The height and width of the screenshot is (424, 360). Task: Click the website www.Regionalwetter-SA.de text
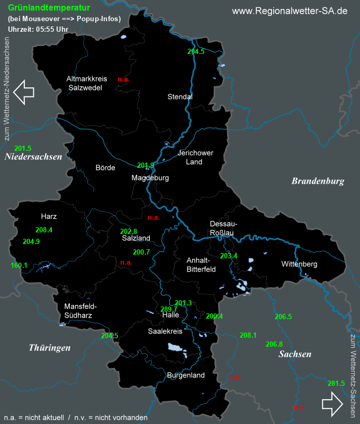click(290, 11)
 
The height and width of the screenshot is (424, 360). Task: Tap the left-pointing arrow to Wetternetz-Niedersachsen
click(24, 92)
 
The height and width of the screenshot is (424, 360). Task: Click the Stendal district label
click(180, 97)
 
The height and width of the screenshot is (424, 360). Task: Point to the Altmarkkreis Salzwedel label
click(86, 83)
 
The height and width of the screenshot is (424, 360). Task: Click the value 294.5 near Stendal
click(196, 51)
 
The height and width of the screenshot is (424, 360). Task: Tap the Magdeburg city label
click(150, 178)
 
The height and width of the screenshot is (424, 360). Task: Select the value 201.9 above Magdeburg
click(146, 165)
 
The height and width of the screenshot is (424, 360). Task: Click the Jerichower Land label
click(195, 157)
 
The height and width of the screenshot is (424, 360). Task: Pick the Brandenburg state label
click(318, 181)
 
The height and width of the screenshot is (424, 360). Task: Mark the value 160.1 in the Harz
click(19, 265)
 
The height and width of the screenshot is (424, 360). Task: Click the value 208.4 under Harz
click(44, 230)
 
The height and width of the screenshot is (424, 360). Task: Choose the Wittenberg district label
click(299, 264)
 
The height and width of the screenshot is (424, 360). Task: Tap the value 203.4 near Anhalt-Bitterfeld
click(229, 256)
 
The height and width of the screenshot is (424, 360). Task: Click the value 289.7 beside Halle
click(169, 309)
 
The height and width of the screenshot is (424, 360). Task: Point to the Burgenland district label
click(185, 375)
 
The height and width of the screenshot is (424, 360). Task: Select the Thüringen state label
click(50, 348)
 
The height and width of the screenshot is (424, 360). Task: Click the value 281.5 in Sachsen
click(336, 383)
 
